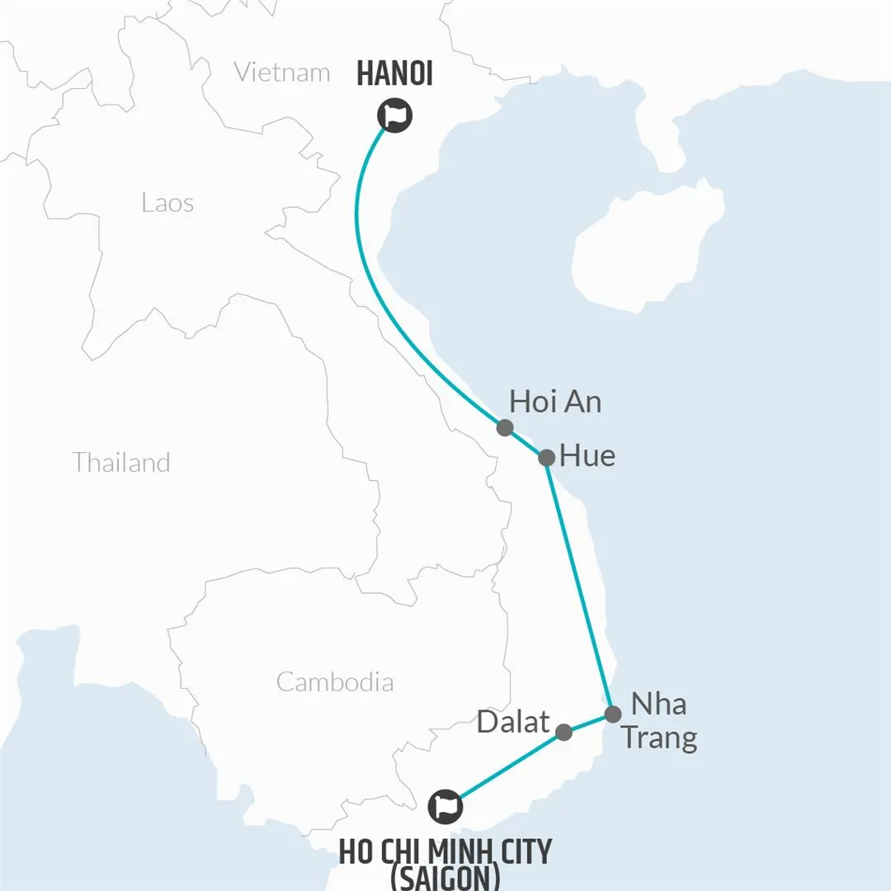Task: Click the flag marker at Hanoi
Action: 395,116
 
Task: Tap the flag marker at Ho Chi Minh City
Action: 445,806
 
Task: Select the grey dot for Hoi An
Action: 505,427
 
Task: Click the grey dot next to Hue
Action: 546,457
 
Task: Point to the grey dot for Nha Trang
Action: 612,714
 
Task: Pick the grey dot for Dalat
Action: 564,732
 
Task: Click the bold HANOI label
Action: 395,74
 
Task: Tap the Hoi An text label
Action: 555,402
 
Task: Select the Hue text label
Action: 587,456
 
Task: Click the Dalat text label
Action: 513,723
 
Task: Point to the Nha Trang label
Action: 658,721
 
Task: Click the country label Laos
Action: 167,202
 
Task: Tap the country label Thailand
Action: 120,462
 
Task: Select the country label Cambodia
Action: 334,682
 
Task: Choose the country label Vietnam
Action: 282,72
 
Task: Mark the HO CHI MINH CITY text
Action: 445,851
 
